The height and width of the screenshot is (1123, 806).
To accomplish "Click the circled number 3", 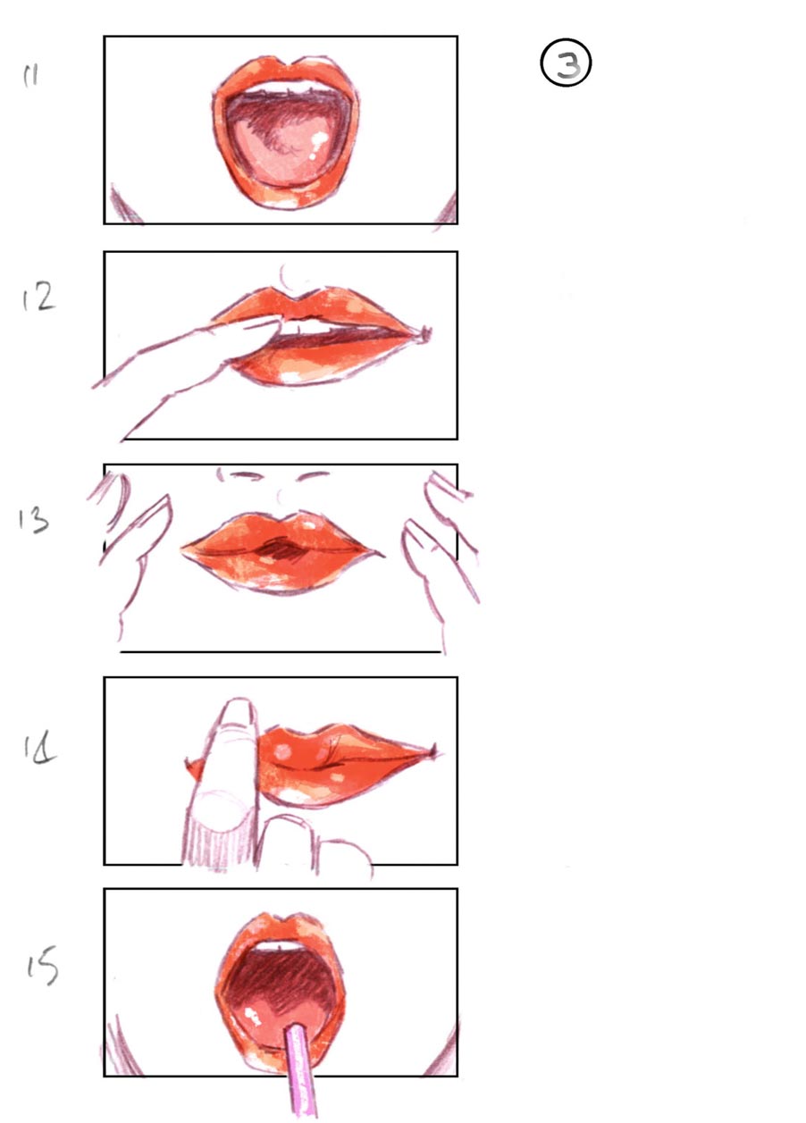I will point(567,65).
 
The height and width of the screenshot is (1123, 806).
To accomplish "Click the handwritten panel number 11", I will point(30,77).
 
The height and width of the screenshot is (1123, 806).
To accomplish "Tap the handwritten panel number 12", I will point(38,298).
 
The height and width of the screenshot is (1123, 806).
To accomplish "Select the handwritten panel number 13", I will point(32,520).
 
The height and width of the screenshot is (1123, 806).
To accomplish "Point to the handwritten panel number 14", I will point(39,748).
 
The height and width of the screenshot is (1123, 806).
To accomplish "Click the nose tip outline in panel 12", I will point(289,277).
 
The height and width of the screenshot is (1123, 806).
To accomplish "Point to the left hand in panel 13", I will point(134,545).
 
